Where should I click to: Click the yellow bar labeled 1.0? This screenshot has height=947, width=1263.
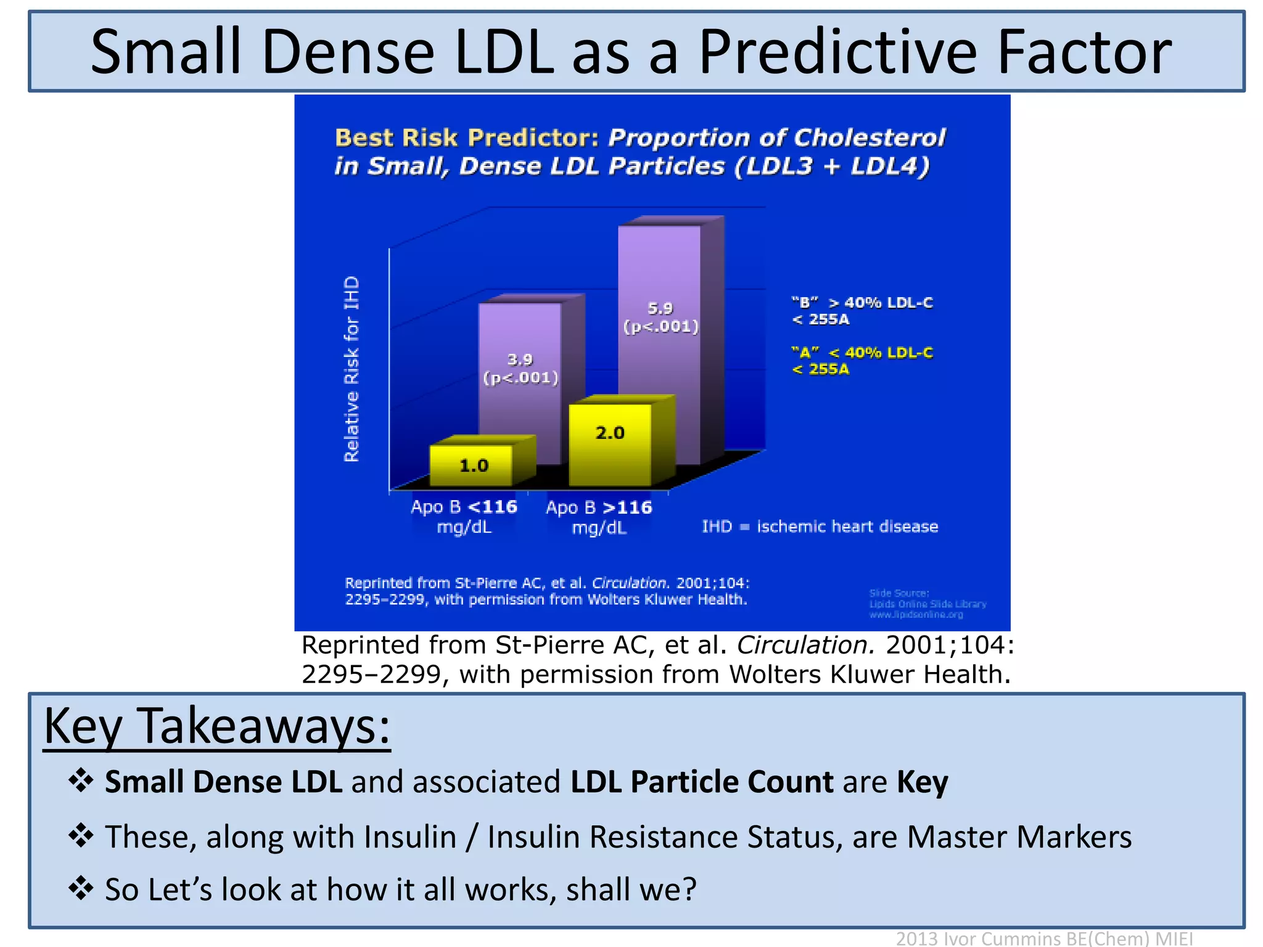[472, 465]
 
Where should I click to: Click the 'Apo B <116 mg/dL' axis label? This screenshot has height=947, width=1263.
[464, 517]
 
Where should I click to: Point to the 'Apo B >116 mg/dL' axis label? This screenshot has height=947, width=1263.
[598, 517]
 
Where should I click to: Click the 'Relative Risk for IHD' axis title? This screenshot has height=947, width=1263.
[352, 369]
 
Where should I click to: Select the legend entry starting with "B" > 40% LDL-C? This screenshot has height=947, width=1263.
[862, 311]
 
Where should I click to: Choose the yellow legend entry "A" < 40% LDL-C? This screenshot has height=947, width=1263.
[862, 361]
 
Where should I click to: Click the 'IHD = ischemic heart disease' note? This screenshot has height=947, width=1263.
[820, 527]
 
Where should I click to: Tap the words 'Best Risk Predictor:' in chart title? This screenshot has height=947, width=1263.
[466, 138]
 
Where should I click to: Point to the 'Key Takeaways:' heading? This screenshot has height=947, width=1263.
[217, 727]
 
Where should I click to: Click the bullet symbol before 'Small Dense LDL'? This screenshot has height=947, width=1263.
[81, 781]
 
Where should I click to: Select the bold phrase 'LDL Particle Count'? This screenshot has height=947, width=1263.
[702, 782]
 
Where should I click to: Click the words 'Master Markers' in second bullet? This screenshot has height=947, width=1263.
[1019, 837]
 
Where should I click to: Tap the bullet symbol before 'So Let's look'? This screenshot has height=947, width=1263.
[81, 888]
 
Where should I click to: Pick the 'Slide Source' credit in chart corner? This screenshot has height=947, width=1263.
[927, 604]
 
